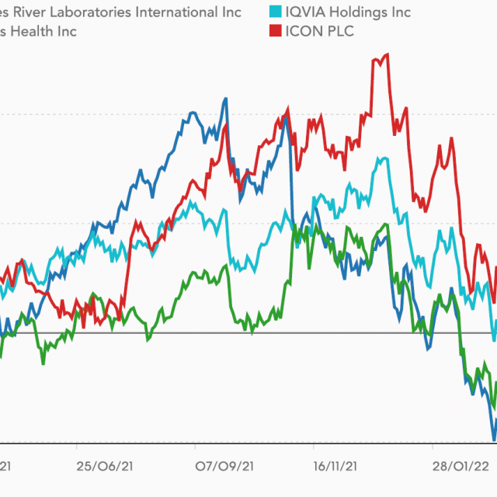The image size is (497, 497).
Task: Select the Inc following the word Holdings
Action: point(399,12)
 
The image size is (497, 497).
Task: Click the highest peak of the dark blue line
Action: point(225,99)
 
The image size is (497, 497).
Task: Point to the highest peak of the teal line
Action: point(384,158)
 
